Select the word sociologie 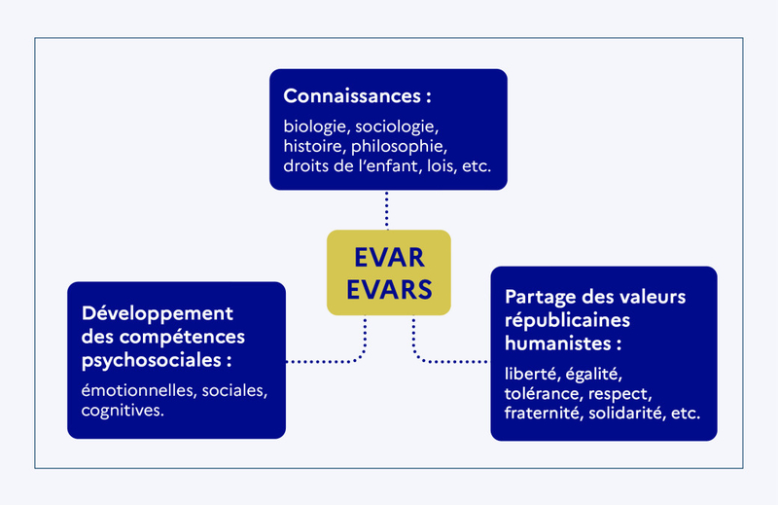[x=398, y=126]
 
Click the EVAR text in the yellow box [x=388, y=257]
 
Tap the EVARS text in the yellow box [x=388, y=291]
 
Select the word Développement [x=158, y=313]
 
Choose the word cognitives [x=123, y=411]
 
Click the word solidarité [x=622, y=413]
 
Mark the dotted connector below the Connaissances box [x=387, y=209]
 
